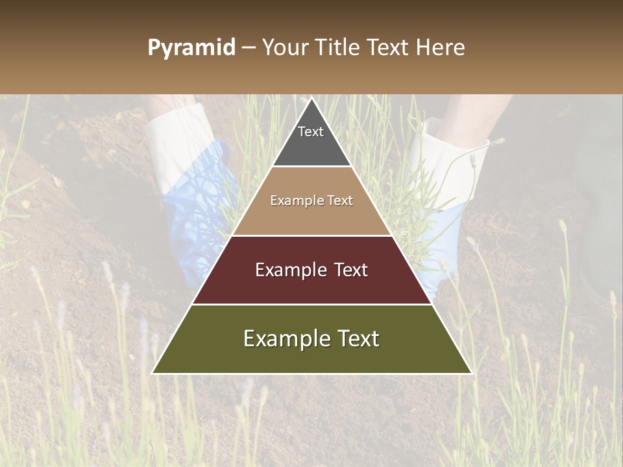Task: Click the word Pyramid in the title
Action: click(x=191, y=48)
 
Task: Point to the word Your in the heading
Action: click(x=286, y=48)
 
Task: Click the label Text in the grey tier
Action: click(x=311, y=132)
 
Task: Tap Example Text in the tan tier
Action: click(x=311, y=200)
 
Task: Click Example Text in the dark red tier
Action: click(x=311, y=270)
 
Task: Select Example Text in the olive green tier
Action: click(x=311, y=339)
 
